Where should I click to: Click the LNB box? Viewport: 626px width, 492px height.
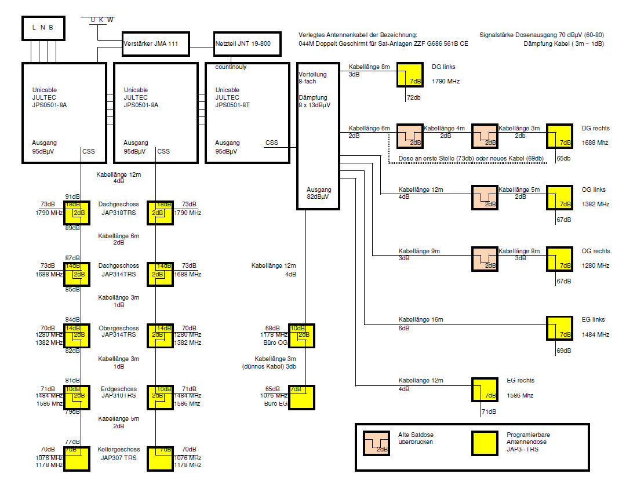coord(42,27)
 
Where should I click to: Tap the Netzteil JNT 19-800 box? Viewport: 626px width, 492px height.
coord(242,44)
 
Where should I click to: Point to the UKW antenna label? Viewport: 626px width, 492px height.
coord(102,20)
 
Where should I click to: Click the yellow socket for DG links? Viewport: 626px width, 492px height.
coord(410,75)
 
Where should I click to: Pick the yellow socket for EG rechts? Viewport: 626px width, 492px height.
coord(485,390)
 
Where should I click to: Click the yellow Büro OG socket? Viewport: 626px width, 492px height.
coord(302,336)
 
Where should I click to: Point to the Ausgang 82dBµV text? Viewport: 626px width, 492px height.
coord(319,193)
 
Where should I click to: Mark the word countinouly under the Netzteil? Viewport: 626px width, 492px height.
coord(231,67)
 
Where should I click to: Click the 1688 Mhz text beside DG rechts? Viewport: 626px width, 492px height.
coord(595,142)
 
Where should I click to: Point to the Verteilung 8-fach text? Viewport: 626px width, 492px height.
coord(312,78)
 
